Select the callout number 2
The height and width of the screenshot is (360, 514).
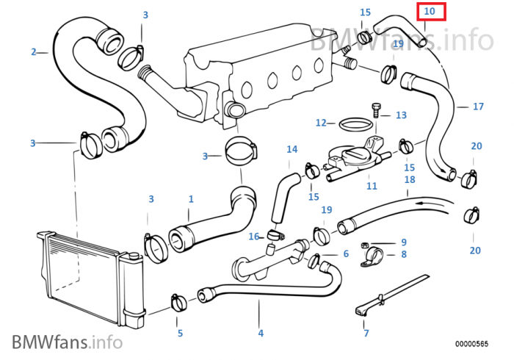(x=34, y=51)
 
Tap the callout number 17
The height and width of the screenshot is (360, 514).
(x=478, y=107)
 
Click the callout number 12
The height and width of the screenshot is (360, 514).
(x=321, y=123)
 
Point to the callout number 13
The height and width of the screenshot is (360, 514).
(x=401, y=115)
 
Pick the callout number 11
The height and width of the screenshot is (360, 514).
(x=372, y=186)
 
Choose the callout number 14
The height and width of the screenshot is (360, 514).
(x=292, y=149)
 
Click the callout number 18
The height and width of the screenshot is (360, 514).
(x=410, y=179)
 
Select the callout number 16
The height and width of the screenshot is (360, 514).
(x=254, y=237)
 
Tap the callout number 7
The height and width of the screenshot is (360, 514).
(x=366, y=333)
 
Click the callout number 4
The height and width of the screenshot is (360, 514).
(x=260, y=333)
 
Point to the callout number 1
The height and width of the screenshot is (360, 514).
(x=191, y=199)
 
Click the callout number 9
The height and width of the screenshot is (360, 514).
(x=403, y=242)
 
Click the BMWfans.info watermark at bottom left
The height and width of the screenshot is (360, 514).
(x=66, y=342)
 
